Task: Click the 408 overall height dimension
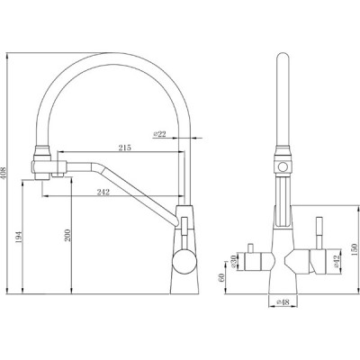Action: (x=4, y=173)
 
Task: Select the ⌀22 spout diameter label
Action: (x=159, y=134)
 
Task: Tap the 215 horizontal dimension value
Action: (x=124, y=148)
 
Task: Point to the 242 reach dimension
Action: (x=103, y=193)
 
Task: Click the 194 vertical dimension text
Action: (x=19, y=238)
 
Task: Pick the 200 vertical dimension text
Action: (x=67, y=236)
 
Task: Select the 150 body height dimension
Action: (x=355, y=249)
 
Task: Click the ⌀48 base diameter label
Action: (x=283, y=302)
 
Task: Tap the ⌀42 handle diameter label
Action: (x=336, y=261)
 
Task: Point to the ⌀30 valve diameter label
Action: (x=233, y=262)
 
